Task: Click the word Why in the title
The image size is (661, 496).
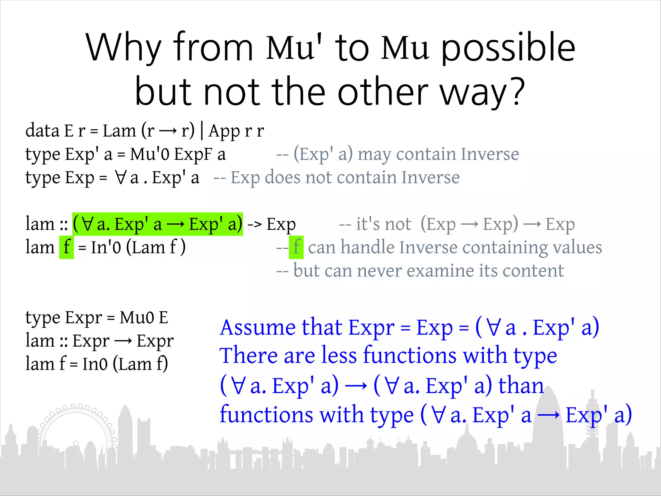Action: coord(123,48)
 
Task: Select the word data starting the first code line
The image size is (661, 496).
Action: coord(42,131)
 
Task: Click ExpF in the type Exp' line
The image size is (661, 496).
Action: coord(193,154)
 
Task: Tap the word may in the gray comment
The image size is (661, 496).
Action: coord(374,154)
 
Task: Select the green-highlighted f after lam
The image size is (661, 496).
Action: coord(66,247)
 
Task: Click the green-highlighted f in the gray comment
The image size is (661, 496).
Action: coord(296,247)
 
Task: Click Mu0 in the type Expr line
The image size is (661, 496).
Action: coord(137,318)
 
